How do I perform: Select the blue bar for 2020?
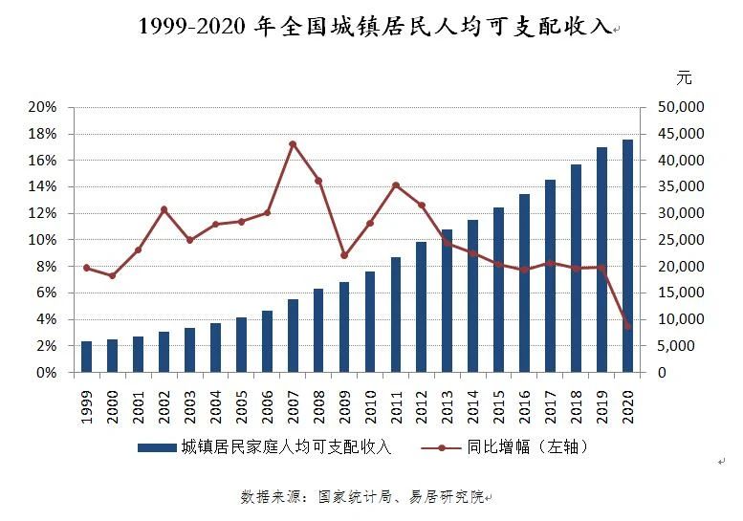click(x=627, y=256)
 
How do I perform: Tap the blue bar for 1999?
click(x=87, y=357)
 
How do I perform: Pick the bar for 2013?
click(x=447, y=301)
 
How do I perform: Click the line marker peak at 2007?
click(x=293, y=144)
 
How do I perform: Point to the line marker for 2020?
click(x=627, y=327)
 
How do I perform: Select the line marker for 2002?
click(x=164, y=209)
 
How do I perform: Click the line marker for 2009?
click(x=344, y=255)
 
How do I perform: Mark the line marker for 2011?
click(x=396, y=185)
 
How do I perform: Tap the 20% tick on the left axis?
click(x=43, y=107)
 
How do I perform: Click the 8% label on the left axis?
click(x=46, y=267)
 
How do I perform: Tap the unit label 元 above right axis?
click(x=683, y=77)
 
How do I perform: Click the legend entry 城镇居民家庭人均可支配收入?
click(x=286, y=446)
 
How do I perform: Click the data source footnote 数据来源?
click(x=363, y=497)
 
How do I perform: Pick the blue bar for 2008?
click(x=318, y=331)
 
